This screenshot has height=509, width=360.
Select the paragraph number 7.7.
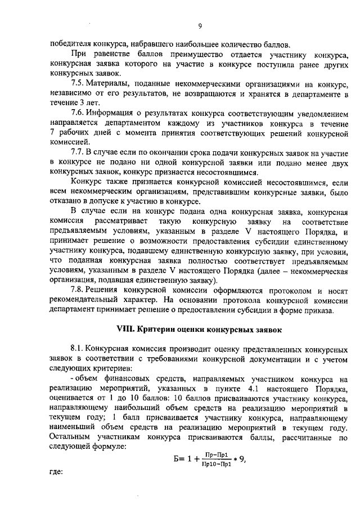(79, 152)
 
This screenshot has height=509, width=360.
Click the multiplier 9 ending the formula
(242, 460)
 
